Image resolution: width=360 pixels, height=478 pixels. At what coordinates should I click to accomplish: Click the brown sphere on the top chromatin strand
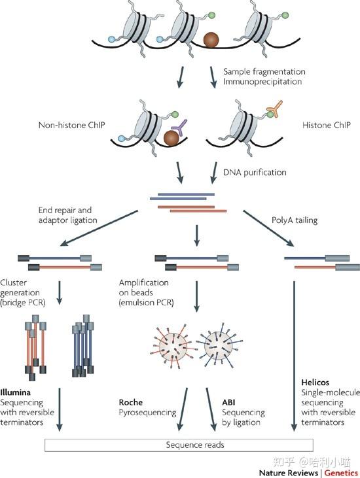pos(212,39)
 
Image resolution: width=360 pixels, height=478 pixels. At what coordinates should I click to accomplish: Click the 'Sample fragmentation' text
pos(264,71)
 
